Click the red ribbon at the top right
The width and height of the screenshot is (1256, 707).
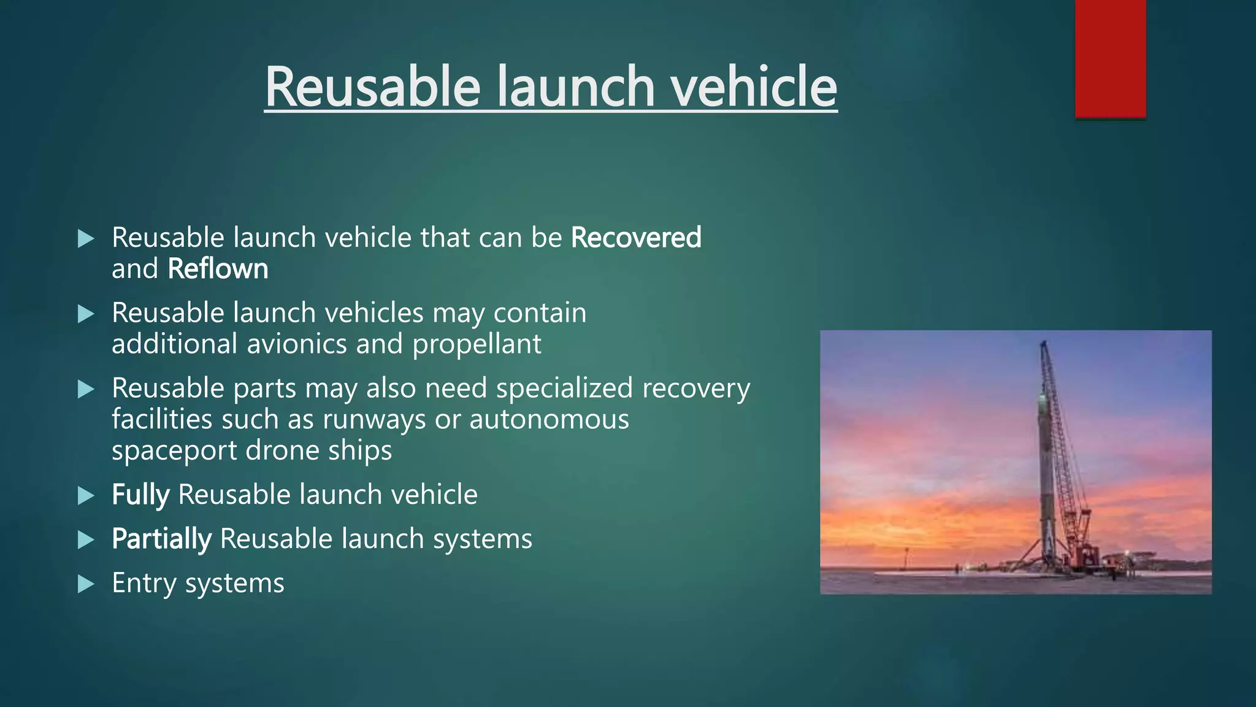point(1110,58)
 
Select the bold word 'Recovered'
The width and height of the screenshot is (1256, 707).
point(636,238)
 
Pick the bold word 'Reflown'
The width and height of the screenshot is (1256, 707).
point(218,269)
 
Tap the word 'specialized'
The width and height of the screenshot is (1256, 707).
point(564,388)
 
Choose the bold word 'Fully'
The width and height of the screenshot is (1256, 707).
point(140,495)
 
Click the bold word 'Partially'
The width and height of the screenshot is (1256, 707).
point(161,539)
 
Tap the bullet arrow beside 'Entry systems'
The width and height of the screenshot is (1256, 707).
point(86,584)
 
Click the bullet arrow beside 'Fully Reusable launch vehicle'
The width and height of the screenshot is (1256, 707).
point(86,495)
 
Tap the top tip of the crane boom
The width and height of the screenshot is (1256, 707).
point(1043,344)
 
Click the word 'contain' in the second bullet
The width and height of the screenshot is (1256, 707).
point(540,314)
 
